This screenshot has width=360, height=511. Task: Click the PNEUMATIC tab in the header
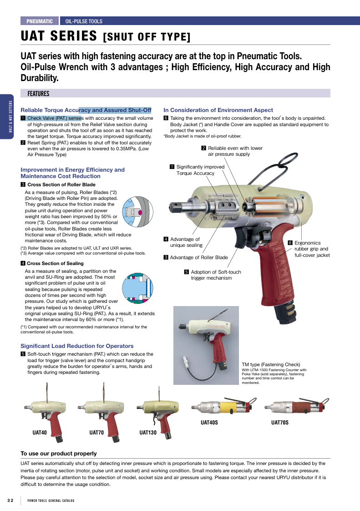pos(40,21)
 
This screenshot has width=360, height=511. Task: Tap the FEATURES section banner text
pos(38,94)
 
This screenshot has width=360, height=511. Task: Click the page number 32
pos(10,500)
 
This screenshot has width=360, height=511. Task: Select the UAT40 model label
pos(40,433)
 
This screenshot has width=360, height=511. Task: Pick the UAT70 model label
pos(96,433)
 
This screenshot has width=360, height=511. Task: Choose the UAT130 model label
pos(148,433)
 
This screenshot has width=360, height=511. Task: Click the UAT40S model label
pos(209,422)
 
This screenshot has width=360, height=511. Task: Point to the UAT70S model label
pos(280,422)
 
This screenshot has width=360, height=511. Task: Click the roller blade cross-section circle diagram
pos(137,212)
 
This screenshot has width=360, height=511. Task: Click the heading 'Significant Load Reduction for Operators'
pos(77,346)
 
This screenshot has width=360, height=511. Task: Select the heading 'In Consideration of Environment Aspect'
pos(218,110)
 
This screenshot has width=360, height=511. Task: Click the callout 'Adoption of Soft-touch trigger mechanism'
pos(213,275)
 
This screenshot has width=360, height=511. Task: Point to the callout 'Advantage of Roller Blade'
pos(196,257)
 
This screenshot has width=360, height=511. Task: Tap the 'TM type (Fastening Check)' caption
pos(271,364)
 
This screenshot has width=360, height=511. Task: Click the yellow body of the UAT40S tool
pos(228,407)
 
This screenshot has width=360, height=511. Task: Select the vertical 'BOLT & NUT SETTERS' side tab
pos(10,116)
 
